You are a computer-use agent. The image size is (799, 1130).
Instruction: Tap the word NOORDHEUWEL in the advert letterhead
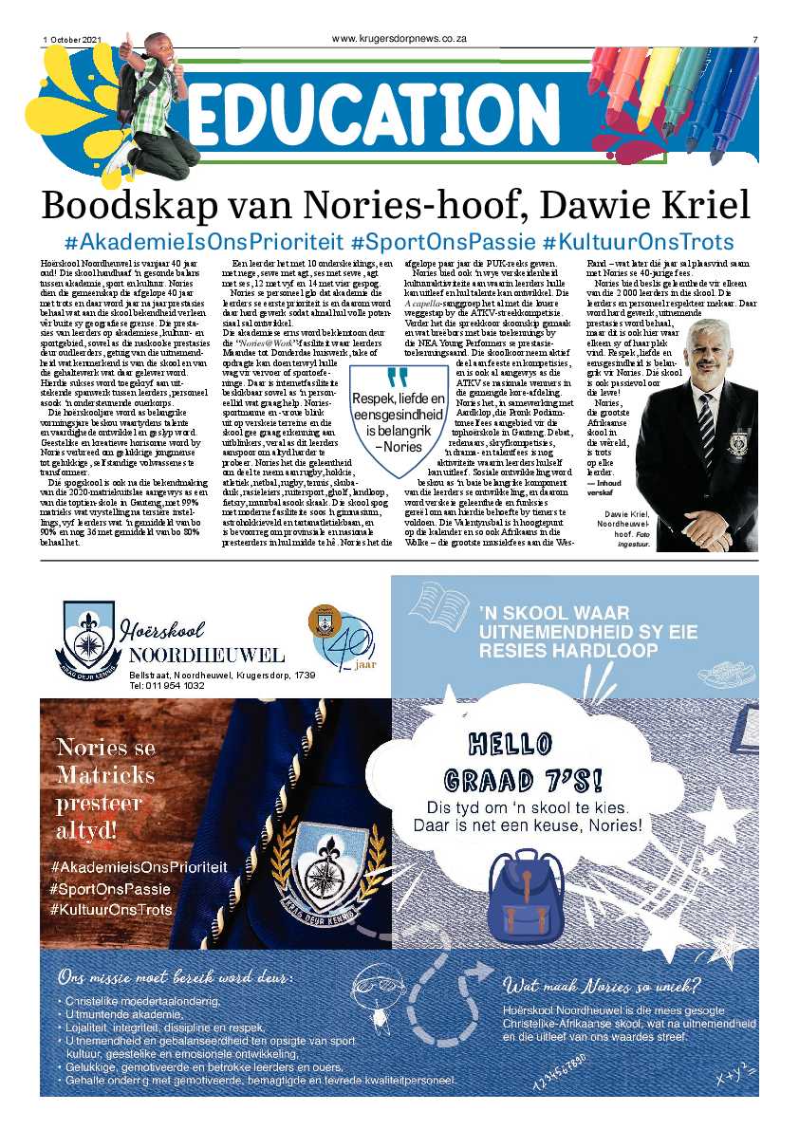click(x=207, y=656)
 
